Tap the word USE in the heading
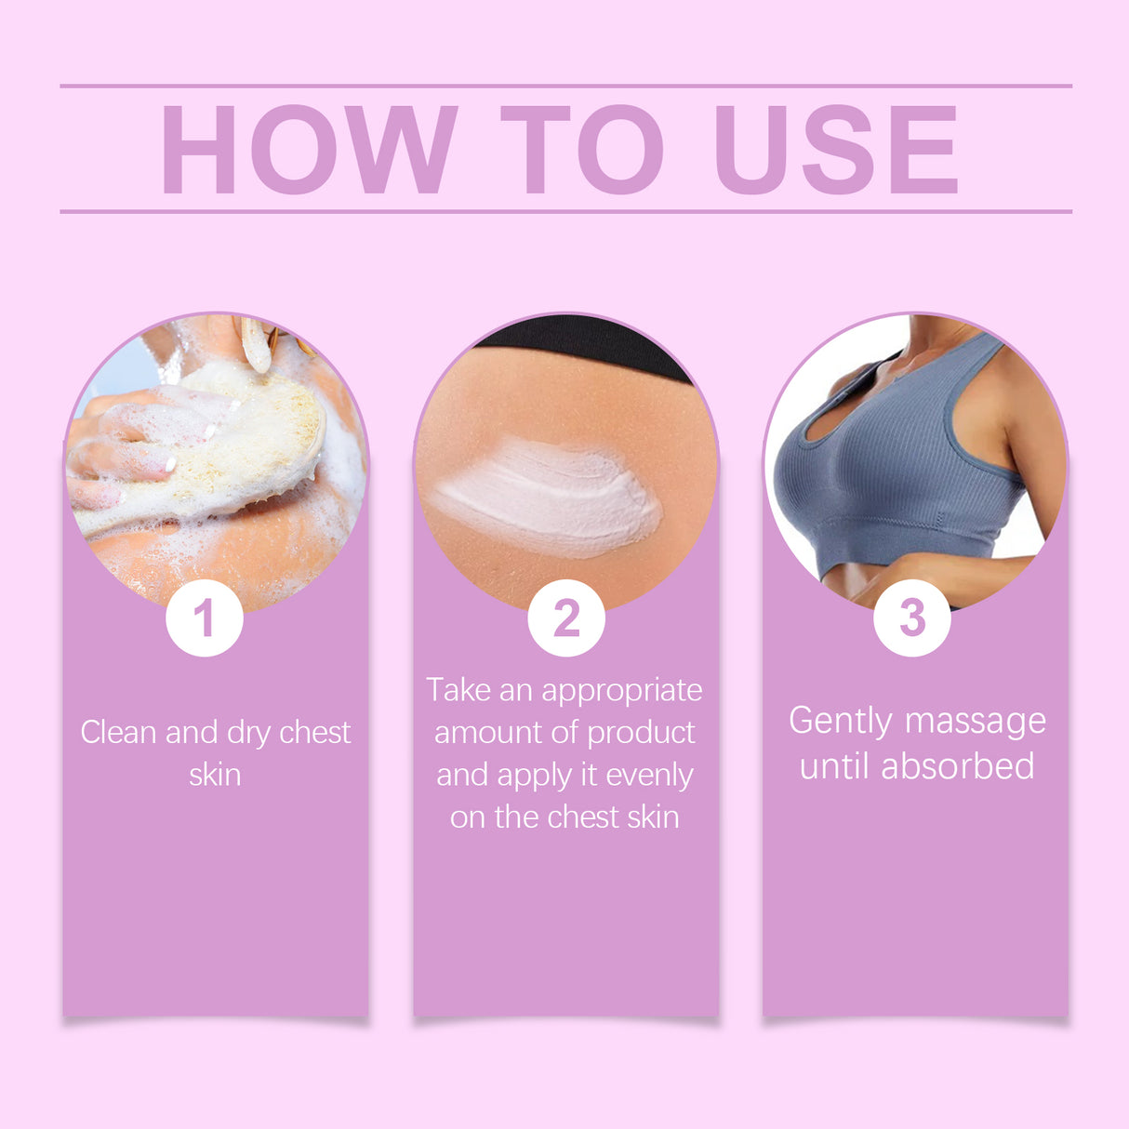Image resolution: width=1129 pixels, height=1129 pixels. (x=836, y=150)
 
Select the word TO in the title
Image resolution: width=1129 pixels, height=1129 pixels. (x=582, y=150)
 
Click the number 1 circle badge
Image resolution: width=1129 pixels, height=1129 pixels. (x=205, y=618)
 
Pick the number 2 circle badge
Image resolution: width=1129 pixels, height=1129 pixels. (x=565, y=618)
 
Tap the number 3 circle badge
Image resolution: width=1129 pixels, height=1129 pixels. (x=912, y=617)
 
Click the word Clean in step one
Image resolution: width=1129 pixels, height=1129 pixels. (x=119, y=733)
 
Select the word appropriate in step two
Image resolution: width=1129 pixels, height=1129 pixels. (x=622, y=691)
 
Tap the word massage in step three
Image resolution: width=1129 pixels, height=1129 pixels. (x=975, y=722)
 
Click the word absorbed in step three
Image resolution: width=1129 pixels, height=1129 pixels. (x=958, y=766)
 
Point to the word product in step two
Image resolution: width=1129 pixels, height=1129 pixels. (x=641, y=733)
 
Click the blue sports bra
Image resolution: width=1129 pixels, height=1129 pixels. (x=893, y=465)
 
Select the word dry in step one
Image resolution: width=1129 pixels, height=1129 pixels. (x=248, y=733)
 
